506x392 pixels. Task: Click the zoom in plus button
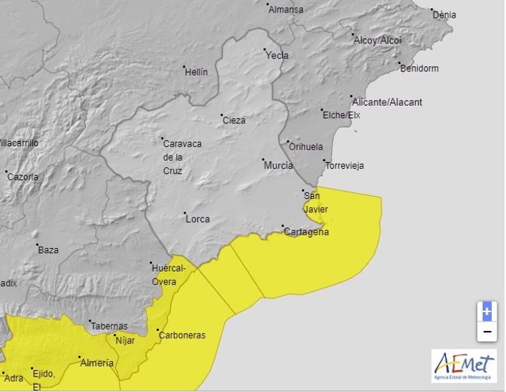pos(486,311)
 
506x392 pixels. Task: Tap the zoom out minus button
pos(486,332)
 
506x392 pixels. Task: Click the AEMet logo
pos(463,365)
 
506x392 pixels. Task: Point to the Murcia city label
pos(279,166)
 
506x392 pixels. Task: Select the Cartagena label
pos(307,232)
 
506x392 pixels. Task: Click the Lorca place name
pos(197,219)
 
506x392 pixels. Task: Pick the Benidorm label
pos(419,69)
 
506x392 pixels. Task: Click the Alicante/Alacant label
pos(387,102)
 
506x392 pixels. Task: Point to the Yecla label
pos(277,55)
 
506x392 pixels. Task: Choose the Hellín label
pos(196,72)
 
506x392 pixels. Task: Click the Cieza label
pos(234,120)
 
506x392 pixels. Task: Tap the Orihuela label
pos(306,146)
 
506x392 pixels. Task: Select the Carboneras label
pos(183,335)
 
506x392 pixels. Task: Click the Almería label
pos(97,363)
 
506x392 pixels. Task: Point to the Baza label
pos(48,250)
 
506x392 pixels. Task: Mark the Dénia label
pos(444,15)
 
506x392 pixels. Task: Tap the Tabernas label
pos(109,326)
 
